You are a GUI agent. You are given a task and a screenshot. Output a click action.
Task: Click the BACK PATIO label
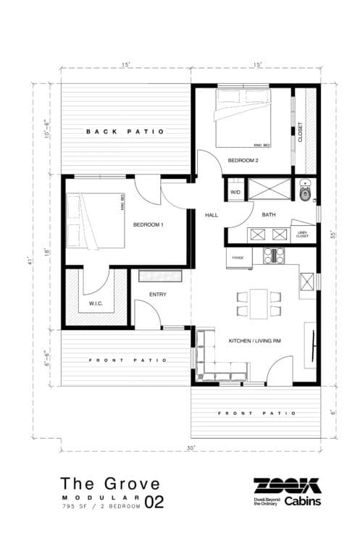(125, 132)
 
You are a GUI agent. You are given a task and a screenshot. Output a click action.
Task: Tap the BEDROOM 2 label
(243, 160)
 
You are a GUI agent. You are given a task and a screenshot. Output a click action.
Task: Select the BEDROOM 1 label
(148, 225)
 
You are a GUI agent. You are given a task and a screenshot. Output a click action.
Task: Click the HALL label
(212, 215)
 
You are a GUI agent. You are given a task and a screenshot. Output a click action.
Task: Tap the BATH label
(269, 215)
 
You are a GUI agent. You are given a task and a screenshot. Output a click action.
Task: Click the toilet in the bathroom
(306, 192)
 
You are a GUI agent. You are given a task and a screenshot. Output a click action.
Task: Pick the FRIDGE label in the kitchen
(238, 257)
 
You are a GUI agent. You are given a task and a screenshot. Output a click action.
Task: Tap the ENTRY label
(158, 295)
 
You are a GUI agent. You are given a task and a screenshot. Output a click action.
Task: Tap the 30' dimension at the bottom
(191, 448)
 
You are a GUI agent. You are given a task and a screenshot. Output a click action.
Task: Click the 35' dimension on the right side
(334, 235)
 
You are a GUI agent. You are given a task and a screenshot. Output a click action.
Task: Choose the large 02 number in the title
(154, 501)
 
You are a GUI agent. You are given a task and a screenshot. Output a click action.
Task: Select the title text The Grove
(110, 483)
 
